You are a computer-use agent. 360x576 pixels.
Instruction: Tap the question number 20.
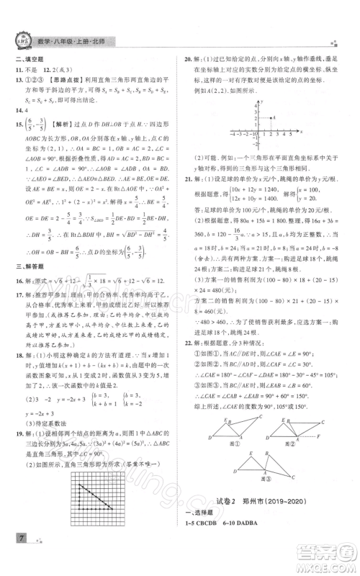coord(189,60)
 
